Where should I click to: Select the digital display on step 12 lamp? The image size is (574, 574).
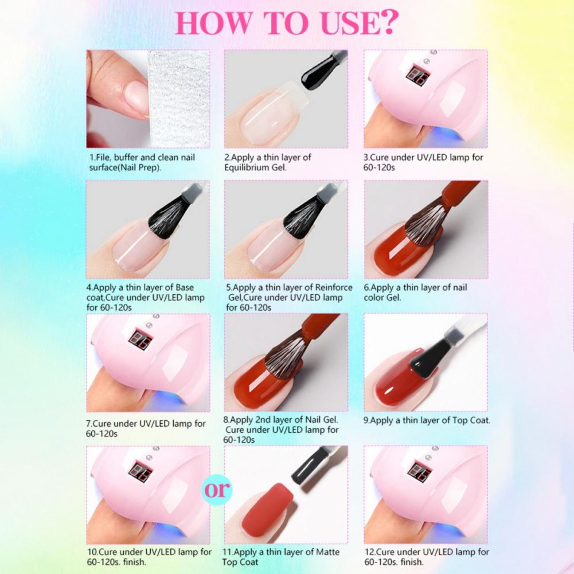click(419, 470)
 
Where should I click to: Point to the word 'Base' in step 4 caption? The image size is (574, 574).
click(186, 287)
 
